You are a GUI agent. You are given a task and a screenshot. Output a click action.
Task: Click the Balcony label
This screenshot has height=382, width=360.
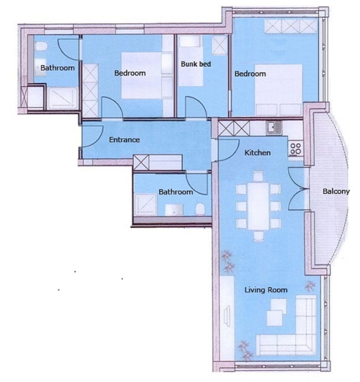(x=336, y=191)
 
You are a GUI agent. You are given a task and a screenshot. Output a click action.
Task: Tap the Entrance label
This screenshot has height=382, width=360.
(x=124, y=140)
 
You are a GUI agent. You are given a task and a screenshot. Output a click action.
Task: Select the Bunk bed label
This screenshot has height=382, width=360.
(x=196, y=64)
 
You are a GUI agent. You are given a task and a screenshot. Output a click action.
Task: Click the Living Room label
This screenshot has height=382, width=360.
(x=266, y=290)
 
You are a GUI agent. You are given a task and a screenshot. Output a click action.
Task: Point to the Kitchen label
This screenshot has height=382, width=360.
(x=257, y=153)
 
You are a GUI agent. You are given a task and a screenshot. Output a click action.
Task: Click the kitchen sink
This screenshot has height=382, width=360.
(x=274, y=128)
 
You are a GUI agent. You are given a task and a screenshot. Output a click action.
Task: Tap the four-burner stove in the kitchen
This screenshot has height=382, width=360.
(x=296, y=149)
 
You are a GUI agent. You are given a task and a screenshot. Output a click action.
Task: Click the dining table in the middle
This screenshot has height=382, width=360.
(x=258, y=206)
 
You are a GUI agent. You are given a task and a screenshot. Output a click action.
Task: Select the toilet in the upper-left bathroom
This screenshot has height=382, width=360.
(x=41, y=46)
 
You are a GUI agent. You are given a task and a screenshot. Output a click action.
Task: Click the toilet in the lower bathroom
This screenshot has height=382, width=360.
(x=200, y=209)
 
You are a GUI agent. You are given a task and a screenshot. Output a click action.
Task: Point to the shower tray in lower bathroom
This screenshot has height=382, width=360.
(x=145, y=205)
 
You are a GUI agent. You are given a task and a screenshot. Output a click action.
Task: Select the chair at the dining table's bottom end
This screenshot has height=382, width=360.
(x=258, y=236)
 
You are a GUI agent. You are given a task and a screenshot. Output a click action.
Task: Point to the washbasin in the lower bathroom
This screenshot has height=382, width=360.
(x=174, y=209)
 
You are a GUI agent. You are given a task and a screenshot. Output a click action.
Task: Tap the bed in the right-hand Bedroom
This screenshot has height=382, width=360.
(x=279, y=90)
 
